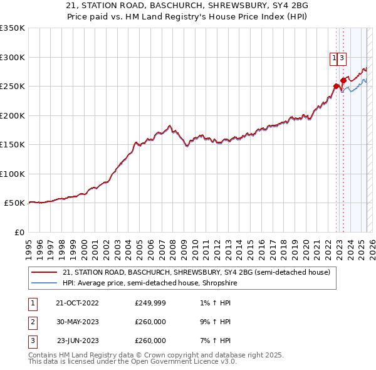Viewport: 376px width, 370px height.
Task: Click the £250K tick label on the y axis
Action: (x=13, y=87)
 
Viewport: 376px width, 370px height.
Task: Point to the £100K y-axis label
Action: (x=13, y=174)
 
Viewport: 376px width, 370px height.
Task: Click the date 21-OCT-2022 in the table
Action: (x=77, y=304)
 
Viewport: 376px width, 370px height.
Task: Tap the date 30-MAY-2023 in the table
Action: (x=77, y=322)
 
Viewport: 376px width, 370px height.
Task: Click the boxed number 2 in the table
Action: (x=31, y=322)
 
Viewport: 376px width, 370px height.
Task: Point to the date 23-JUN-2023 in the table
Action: (x=78, y=341)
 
